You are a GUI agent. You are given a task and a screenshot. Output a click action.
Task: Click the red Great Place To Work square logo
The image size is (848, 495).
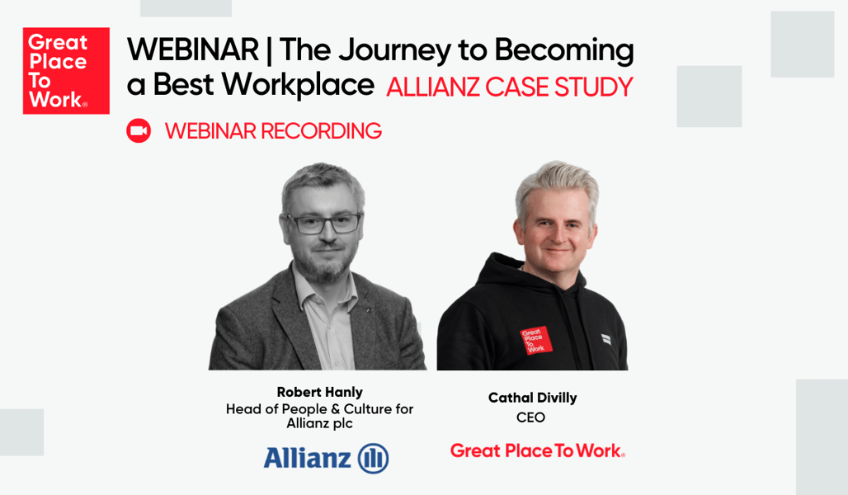pos(66,71)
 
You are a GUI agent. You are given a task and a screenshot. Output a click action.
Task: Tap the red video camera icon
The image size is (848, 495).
pos(139,130)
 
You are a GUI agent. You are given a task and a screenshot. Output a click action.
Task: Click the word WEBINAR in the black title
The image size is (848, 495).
pos(192,51)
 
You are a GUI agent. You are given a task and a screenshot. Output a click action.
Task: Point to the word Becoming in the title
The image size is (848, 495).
pos(563,51)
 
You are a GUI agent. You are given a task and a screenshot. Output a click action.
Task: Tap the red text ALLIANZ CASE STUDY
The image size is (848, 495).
pos(509,87)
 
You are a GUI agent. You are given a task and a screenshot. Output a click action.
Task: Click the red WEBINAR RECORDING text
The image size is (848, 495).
pos(273,130)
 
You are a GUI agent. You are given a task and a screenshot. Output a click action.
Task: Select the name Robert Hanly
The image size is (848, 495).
pos(319,392)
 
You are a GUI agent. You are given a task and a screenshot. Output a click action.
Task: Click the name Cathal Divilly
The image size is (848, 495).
pos(532,398)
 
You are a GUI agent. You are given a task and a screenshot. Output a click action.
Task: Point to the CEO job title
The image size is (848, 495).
pos(530,417)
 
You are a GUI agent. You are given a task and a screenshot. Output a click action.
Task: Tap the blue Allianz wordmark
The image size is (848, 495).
pos(307,458)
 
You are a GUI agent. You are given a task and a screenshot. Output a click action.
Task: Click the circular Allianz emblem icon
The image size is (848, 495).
pos(373,458)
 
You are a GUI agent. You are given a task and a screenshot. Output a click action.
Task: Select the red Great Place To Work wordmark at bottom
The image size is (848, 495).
pos(537,450)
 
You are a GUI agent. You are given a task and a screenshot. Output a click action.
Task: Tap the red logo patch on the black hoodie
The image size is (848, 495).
pos(535,340)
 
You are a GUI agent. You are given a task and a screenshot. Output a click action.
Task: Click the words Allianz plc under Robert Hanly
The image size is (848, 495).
pos(319,423)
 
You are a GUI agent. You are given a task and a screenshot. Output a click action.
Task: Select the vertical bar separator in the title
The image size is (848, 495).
pos(269,51)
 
